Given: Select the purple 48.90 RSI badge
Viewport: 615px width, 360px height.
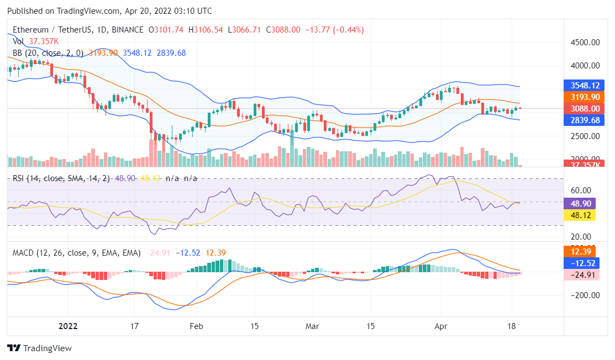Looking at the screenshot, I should click(580, 203).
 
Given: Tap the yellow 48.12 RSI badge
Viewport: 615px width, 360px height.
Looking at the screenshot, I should click(580, 215).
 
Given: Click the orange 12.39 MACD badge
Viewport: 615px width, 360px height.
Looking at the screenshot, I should click(580, 252).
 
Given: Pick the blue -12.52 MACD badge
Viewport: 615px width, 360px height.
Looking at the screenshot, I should click(580, 263).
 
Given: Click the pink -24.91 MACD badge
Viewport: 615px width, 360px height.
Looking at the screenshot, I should click(580, 275).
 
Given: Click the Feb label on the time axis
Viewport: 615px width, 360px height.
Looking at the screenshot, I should click(197, 326).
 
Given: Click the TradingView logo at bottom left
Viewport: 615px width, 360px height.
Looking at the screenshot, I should click(39, 348).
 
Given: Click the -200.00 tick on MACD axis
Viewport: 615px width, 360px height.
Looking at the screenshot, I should click(582, 295).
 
